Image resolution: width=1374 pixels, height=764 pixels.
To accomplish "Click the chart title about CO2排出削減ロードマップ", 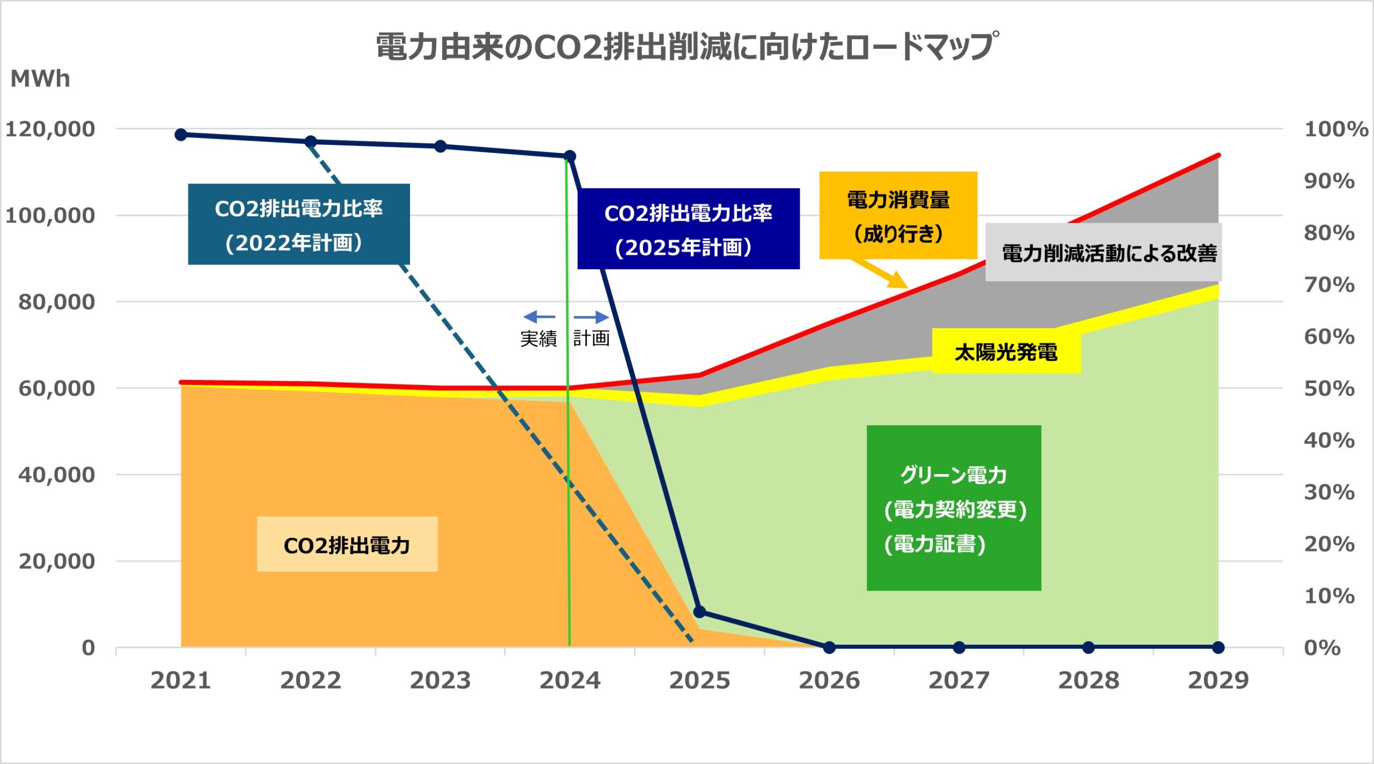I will (x=687, y=46).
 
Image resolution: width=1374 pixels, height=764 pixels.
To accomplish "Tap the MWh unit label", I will (x=40, y=79).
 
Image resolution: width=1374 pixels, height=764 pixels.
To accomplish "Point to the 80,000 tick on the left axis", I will (x=56, y=302).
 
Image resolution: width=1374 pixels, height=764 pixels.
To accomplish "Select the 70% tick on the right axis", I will (x=1329, y=285).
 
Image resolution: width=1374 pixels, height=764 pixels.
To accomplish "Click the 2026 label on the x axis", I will (x=829, y=680).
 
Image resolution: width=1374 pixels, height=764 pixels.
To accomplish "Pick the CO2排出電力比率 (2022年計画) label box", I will (x=298, y=224).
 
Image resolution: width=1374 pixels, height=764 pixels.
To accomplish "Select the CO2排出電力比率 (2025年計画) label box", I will (x=688, y=229).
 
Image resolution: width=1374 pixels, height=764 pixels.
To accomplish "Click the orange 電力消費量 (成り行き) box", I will (x=898, y=215).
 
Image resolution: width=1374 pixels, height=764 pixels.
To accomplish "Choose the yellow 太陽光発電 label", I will (x=1006, y=352).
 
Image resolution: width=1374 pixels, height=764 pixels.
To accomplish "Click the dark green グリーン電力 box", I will (x=954, y=508).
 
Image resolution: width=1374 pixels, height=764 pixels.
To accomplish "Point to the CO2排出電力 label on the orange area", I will (x=347, y=544).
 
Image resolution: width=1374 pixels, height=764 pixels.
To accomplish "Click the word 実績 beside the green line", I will (x=538, y=338).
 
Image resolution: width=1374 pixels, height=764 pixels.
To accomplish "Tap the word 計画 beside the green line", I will (x=591, y=338).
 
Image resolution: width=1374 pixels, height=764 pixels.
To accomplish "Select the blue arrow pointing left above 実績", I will (x=539, y=317).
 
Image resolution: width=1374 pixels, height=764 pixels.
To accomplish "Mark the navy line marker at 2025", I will (x=699, y=612).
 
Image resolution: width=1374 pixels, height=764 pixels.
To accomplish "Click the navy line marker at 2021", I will (x=181, y=134).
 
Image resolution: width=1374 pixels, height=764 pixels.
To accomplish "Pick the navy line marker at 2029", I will (x=1218, y=647).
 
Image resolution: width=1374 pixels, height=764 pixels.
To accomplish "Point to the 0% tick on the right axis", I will (x=1322, y=647).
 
